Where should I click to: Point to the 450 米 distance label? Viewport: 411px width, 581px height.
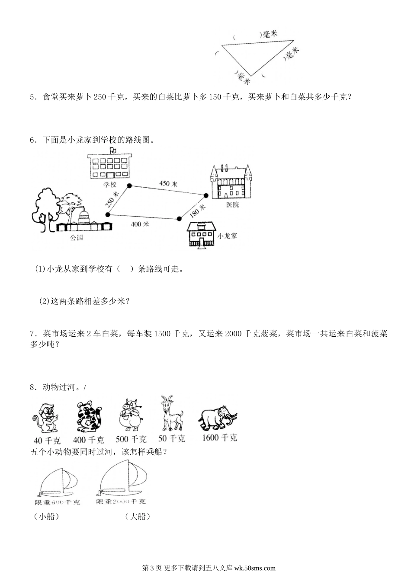pyautogui.click(x=168, y=183)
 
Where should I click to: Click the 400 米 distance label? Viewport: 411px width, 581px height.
pyautogui.click(x=140, y=224)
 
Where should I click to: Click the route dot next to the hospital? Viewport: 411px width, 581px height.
pyautogui.click(x=206, y=195)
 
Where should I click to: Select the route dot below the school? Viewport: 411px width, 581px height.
pyautogui.click(x=129, y=185)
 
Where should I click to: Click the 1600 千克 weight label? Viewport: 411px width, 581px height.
pyautogui.click(x=219, y=437)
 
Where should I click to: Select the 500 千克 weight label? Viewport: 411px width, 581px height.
pyautogui.click(x=131, y=439)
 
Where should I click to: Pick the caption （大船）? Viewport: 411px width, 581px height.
pyautogui.click(x=137, y=516)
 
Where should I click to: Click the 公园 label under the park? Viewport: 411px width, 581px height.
pyautogui.click(x=76, y=238)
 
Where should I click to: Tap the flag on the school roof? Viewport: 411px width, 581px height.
pyautogui.click(x=113, y=150)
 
